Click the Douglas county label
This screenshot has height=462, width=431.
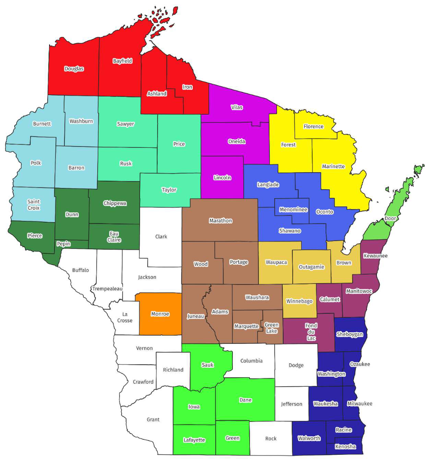coord(74,69)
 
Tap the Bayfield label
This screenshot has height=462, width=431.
coord(122,61)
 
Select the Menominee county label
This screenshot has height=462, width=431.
coord(293,210)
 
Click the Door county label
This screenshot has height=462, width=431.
coord(391,219)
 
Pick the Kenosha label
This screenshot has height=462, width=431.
coord(345,447)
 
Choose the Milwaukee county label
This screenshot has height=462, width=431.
coord(360,403)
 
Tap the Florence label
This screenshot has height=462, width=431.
coord(313,127)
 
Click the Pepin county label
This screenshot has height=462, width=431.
coord(64,243)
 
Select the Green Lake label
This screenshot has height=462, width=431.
coord(272,328)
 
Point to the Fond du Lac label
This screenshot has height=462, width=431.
coord(311,332)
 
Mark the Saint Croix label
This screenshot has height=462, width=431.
coord(33,205)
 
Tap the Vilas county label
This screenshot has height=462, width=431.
coord(236,107)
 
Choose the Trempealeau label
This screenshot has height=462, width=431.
coord(107,288)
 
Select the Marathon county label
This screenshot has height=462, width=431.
coord(221,220)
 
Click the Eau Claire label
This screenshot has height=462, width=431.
coord(114,237)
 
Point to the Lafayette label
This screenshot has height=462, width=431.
coord(195,440)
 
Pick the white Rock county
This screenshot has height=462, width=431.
coord(271,438)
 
